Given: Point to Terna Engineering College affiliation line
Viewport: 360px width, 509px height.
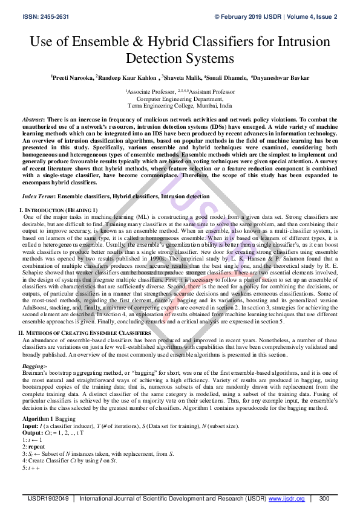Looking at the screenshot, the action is pyautogui.click(x=180, y=105).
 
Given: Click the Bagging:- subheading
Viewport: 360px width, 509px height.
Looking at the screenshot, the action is pyautogui.click(x=34, y=366).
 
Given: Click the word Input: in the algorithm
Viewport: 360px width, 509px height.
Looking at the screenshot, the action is pyautogui.click(x=32, y=426).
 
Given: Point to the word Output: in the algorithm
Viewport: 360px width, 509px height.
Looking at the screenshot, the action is pyautogui.click(x=34, y=432).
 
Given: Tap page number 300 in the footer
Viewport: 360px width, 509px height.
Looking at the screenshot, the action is pyautogui.click(x=324, y=499).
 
